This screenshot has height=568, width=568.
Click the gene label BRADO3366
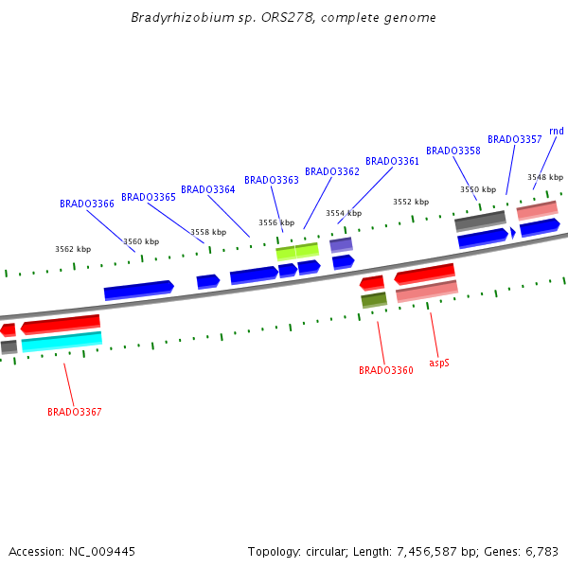coord(87,204)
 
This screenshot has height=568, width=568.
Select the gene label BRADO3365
coord(149,197)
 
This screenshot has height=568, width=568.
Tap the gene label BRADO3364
coord(208,189)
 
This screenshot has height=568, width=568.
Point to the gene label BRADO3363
coord(272,180)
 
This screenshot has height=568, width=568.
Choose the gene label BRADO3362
coord(332,171)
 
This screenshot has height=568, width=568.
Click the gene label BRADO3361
coord(392,161)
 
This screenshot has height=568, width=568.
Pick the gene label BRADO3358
coord(453,151)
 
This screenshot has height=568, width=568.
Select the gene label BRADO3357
coord(515,139)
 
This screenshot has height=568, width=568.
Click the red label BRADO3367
coord(75,412)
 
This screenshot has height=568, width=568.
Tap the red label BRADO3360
coord(386,370)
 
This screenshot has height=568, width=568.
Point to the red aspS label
coord(439,362)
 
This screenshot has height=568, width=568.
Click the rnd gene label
coord(557,131)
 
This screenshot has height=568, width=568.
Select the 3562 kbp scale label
coord(73,249)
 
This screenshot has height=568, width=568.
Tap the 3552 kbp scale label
coord(411,202)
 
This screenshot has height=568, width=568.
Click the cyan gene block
coord(62,342)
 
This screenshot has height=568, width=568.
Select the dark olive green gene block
coord(374,300)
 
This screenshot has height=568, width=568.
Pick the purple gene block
coord(341,244)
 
